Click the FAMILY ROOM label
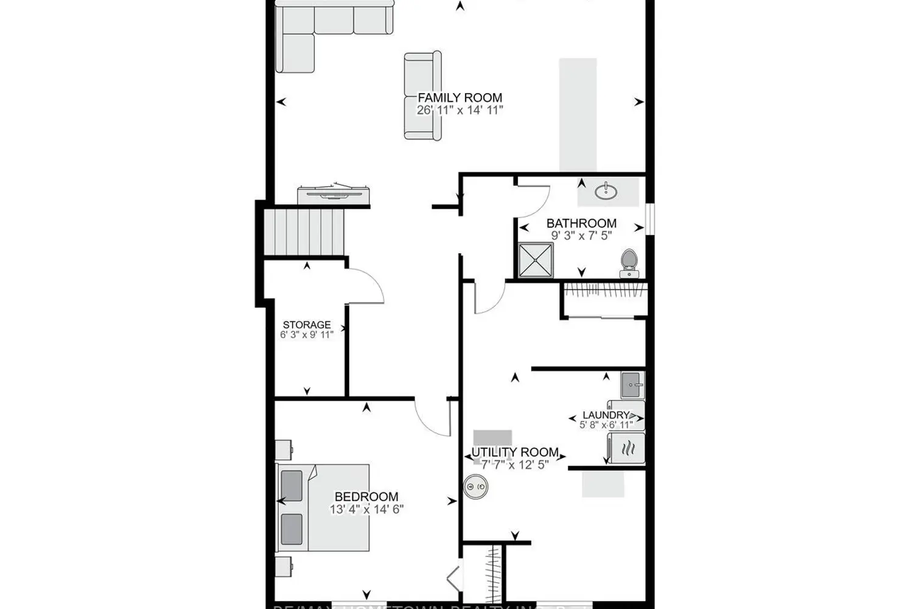pyautogui.click(x=460, y=97)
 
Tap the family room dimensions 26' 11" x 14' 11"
pyautogui.click(x=460, y=110)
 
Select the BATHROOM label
pyautogui.click(x=581, y=224)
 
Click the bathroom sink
pyautogui.click(x=606, y=192)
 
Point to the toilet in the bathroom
pyautogui.click(x=629, y=262)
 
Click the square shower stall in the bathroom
pyautogui.click(x=536, y=260)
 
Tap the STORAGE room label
pyautogui.click(x=307, y=325)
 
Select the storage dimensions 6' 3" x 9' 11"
pyautogui.click(x=307, y=334)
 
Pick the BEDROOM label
pyautogui.click(x=366, y=497)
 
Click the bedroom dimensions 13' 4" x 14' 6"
pyautogui.click(x=366, y=509)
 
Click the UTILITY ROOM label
pyautogui.click(x=515, y=452)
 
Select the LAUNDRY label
pyautogui.click(x=605, y=415)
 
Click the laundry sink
pyautogui.click(x=632, y=385)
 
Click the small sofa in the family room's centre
pyautogui.click(x=422, y=96)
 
